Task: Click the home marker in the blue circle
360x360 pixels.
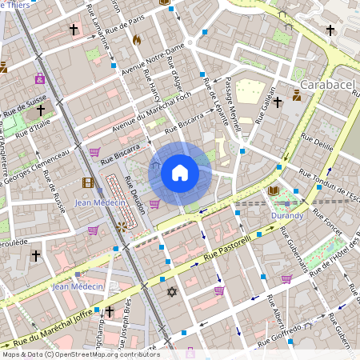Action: (x=180, y=172)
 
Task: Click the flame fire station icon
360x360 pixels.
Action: (x=136, y=39)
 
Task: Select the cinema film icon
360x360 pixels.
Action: (x=87, y=182)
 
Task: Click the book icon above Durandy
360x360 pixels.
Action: (x=274, y=191)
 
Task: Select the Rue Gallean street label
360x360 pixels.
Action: (x=267, y=96)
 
